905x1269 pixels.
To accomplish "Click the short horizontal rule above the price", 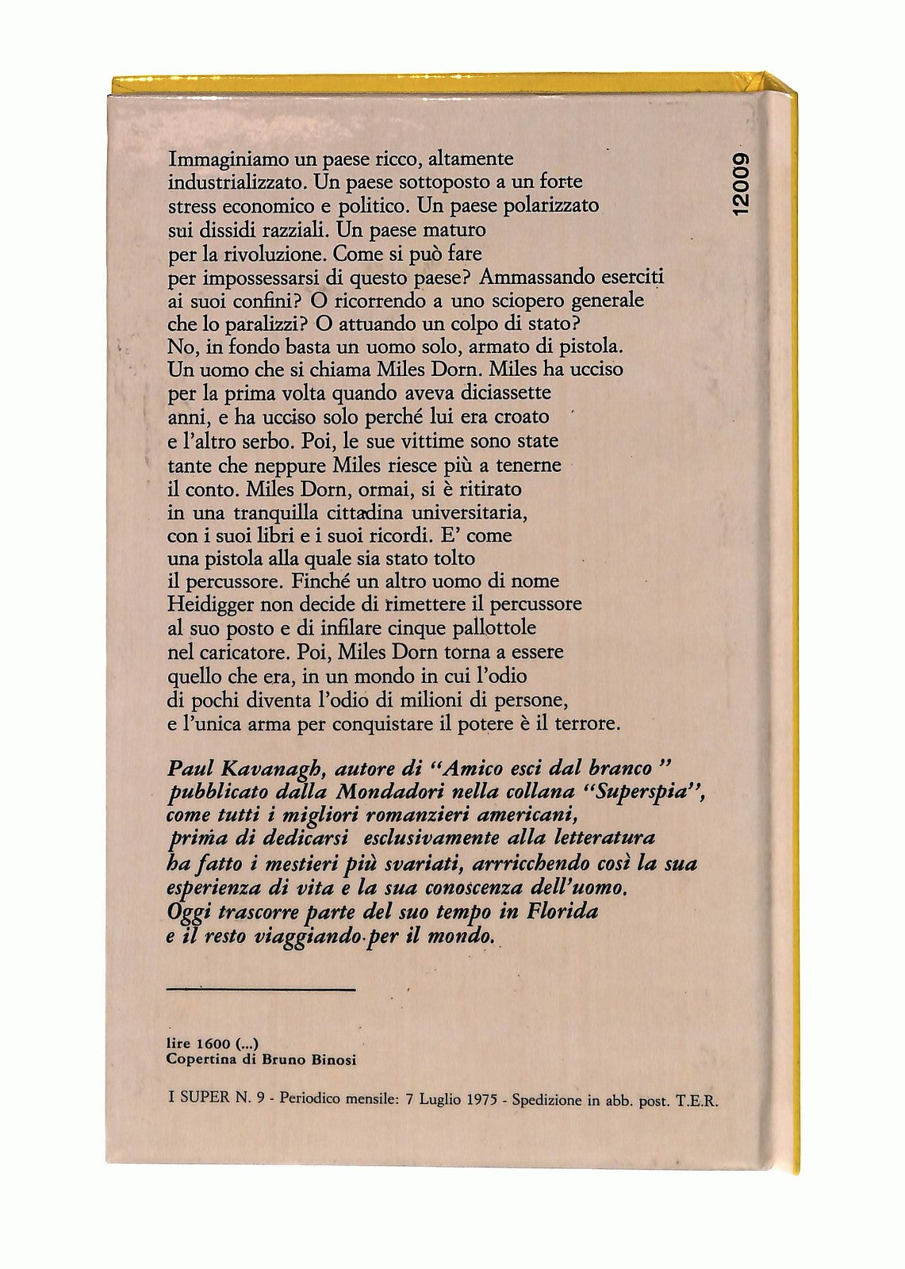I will click(263, 989).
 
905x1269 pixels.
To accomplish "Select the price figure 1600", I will click(213, 1045).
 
